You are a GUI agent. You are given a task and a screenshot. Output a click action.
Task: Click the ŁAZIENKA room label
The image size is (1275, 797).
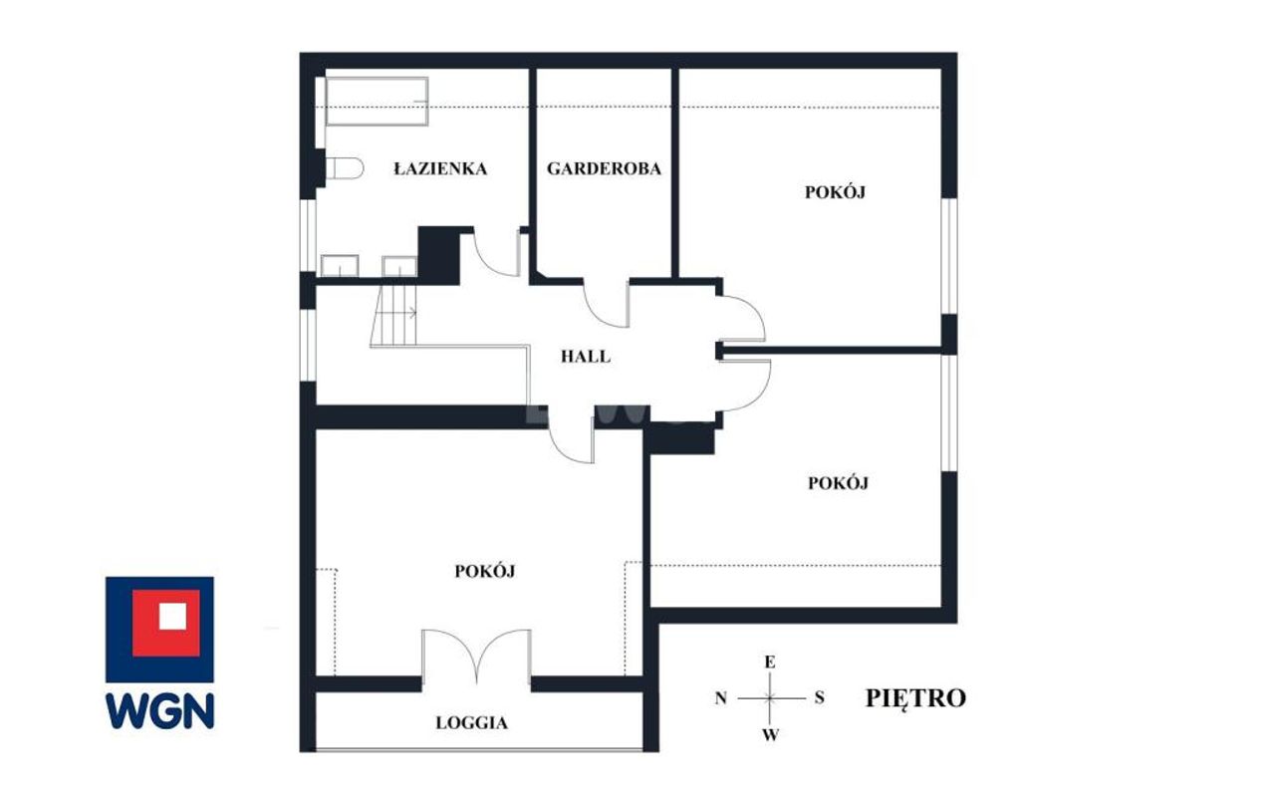440,168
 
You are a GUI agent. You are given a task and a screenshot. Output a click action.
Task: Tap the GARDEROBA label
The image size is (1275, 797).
604,168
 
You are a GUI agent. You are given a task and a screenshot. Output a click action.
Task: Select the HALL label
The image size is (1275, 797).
586,357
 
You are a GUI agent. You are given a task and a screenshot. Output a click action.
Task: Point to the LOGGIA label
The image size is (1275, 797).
471,723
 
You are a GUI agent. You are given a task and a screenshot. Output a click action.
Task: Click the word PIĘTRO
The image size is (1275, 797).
915,698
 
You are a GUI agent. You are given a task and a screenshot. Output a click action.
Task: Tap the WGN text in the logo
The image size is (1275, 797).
160,711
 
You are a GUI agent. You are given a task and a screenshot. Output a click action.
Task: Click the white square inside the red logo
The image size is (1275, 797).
172,616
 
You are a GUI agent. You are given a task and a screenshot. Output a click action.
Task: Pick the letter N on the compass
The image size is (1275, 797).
720,698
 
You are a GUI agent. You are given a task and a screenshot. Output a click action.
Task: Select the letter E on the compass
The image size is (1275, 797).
770,663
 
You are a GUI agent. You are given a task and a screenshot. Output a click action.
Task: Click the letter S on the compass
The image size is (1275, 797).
819,698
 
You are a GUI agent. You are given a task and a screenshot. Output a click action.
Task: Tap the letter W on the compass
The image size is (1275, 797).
770,735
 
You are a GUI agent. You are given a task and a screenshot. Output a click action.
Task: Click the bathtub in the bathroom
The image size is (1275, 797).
377,102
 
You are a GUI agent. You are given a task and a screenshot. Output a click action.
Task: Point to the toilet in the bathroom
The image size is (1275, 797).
345,168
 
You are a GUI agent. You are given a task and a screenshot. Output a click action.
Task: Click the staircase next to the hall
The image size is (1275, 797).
393,316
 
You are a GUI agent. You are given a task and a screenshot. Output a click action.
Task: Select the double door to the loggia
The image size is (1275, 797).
476,655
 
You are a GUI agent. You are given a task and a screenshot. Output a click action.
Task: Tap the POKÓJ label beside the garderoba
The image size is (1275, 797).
835,192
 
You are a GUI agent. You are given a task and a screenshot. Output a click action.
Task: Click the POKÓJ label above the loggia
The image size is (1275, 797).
485,571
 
